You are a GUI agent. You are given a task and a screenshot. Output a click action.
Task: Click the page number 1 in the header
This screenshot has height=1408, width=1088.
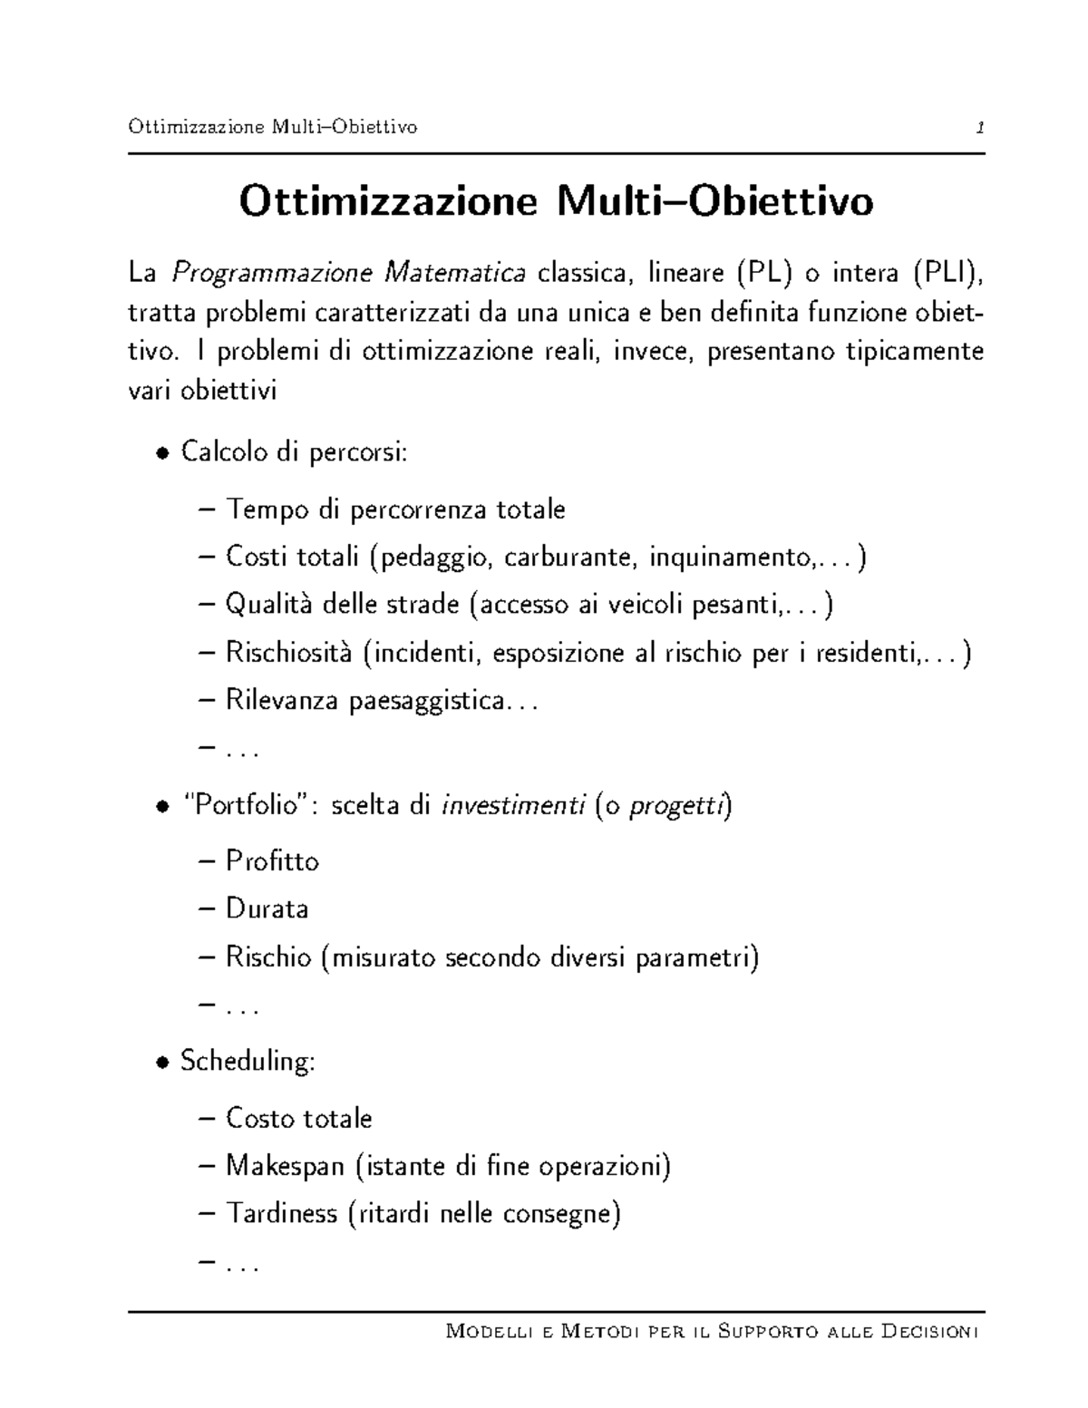point(979,128)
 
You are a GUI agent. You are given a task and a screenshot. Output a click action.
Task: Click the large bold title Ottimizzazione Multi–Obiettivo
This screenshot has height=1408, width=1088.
point(556,201)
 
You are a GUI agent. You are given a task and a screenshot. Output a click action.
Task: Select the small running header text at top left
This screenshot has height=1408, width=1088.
point(273,127)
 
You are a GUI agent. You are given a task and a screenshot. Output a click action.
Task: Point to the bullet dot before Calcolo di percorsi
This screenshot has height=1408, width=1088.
point(161,453)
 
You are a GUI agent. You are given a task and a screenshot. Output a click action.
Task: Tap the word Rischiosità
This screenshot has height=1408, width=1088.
point(288,653)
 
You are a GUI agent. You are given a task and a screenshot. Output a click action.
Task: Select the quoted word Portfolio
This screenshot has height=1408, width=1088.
point(247,805)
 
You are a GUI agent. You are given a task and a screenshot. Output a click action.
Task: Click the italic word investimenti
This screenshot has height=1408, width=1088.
point(512,805)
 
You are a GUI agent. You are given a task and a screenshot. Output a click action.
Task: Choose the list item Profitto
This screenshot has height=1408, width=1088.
point(272,860)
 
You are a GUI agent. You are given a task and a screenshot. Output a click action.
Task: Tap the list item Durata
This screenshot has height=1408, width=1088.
point(267,908)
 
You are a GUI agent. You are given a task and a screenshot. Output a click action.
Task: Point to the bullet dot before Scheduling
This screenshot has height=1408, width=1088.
point(161,1063)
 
